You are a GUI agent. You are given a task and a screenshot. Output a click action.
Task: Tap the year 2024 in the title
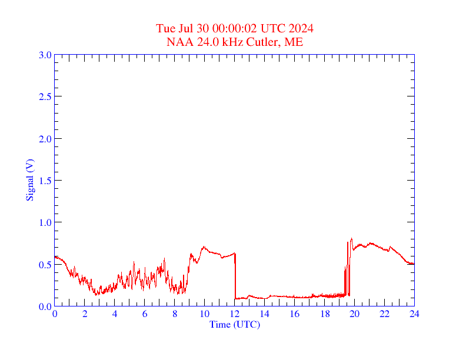pos(301,29)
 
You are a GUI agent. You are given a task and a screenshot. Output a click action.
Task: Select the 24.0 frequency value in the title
pos(201,42)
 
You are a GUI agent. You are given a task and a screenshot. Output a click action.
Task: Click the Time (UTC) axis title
pos(234,324)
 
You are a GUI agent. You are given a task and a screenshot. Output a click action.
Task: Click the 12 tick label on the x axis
pos(235,314)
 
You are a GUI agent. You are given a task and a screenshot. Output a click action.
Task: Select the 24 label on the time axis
pos(414,314)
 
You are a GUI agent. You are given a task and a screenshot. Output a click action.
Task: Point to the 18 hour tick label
pos(324,314)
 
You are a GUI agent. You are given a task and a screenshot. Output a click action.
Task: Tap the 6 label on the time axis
pos(145,314)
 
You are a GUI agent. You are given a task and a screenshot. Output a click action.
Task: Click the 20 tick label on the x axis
pos(354,314)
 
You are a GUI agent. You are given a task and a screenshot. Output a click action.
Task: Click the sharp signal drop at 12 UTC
pos(235,276)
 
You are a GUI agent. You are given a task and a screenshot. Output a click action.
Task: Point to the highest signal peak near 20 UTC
pos(351,239)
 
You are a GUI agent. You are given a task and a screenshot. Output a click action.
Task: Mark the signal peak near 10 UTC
pos(204,247)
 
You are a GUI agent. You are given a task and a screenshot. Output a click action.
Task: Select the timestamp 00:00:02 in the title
pos(235,29)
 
